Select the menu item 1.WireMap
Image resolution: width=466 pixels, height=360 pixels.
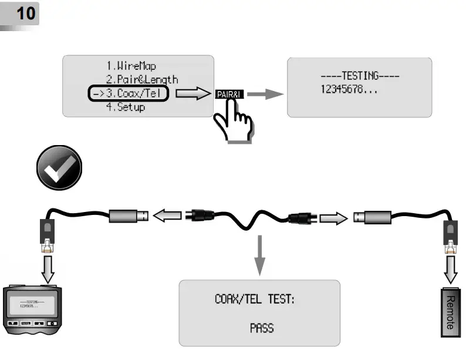click(131, 66)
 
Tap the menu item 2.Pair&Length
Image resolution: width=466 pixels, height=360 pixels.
click(141, 79)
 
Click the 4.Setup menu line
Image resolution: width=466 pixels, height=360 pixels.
click(125, 107)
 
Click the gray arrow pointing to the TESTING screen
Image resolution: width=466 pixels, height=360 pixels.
click(269, 94)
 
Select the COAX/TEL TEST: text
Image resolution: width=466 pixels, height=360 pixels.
click(255, 300)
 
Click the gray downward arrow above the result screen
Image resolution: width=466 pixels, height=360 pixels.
click(259, 255)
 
